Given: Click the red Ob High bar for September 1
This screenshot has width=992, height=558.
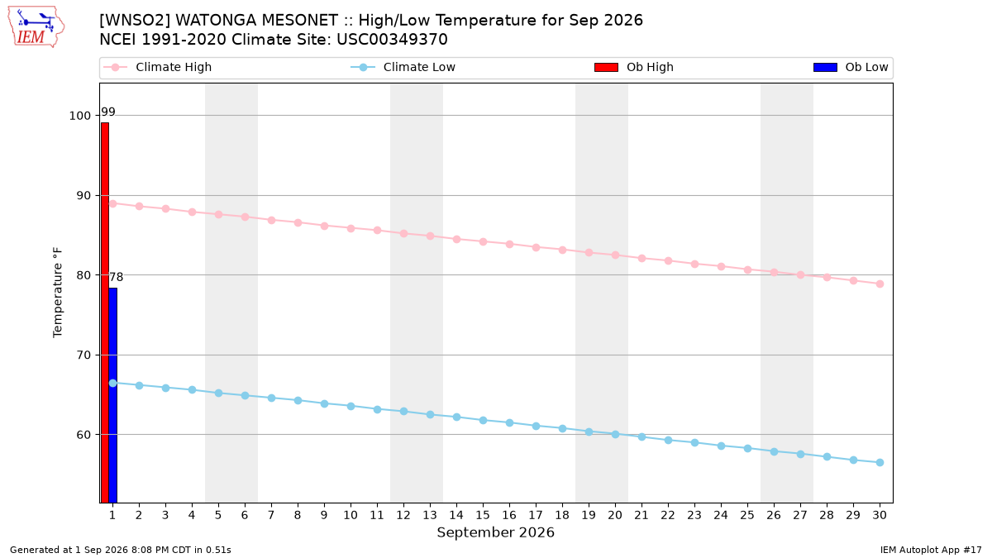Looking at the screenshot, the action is [x=105, y=312].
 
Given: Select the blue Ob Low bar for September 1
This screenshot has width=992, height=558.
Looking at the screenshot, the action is [x=113, y=395].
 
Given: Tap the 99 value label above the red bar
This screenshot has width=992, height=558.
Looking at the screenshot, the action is [x=108, y=112].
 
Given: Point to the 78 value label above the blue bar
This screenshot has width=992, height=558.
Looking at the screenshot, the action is [x=116, y=277].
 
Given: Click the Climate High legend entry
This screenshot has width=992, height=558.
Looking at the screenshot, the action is [x=157, y=67].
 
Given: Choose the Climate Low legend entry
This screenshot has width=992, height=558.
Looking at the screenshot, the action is [x=403, y=67].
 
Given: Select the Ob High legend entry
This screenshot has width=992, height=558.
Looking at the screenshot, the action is [x=634, y=67].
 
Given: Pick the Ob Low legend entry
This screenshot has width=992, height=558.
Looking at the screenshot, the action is [x=851, y=67].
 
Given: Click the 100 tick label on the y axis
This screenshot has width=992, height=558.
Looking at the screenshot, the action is [x=79, y=116].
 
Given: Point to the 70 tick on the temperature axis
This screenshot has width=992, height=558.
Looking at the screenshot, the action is [x=83, y=355].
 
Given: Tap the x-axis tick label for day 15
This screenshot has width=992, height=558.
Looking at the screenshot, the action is [x=483, y=515].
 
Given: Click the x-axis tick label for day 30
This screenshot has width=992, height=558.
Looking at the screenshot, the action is [x=880, y=515].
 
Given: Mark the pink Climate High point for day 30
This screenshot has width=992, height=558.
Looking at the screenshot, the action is [x=880, y=284].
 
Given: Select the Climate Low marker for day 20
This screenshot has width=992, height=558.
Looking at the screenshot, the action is [x=615, y=435].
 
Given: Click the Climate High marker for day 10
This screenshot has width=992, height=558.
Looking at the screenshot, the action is [x=351, y=228].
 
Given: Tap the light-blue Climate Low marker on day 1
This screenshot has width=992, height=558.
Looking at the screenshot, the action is [x=113, y=383].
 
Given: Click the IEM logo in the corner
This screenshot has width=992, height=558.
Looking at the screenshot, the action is [x=36, y=27].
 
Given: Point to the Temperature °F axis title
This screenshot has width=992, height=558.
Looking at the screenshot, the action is [x=58, y=293].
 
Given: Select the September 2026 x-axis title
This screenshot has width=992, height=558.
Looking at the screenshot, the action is [x=495, y=532].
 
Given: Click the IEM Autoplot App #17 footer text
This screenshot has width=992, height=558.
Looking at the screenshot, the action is [x=931, y=550].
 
